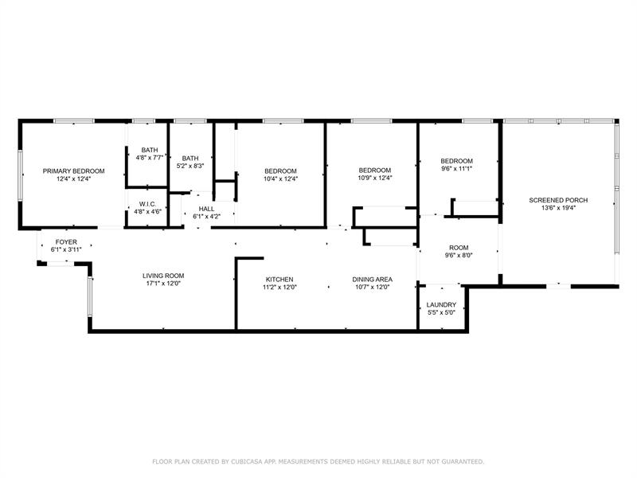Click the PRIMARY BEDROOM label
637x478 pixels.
[73, 171]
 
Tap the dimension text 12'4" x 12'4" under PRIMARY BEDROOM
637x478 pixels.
[73, 178]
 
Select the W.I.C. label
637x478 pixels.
[147, 204]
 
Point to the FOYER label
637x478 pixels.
[66, 242]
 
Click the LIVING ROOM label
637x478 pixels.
[163, 276]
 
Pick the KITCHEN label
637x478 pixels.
[279, 280]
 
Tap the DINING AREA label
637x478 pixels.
[372, 280]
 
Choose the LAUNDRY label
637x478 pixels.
[441, 305]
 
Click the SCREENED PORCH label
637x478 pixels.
[558, 201]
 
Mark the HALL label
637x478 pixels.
[206, 209]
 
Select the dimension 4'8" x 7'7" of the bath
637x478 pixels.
[150, 158]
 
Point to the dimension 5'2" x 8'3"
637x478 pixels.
[190, 166]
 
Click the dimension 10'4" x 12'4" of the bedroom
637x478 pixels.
[280, 178]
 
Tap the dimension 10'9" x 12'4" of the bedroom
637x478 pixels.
[374, 178]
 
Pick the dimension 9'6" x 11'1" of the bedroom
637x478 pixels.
[456, 169]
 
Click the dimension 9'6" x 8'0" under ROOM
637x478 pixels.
[459, 256]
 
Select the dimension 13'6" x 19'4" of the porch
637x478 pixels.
[558, 208]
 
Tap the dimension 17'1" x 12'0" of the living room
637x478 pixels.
[163, 284]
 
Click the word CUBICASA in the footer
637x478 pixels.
[247, 461]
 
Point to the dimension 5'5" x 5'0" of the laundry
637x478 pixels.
[441, 312]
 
